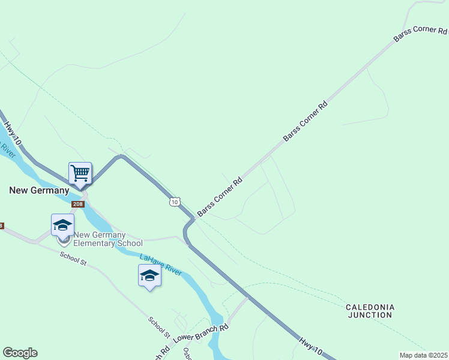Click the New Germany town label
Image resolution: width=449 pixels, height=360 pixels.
(x=39, y=190)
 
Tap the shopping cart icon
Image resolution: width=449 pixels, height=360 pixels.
(x=80, y=173)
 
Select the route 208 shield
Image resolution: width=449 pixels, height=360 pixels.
(x=78, y=205)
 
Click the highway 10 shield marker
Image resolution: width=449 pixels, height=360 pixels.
(x=174, y=202)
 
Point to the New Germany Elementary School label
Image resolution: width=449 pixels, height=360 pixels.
(x=108, y=239)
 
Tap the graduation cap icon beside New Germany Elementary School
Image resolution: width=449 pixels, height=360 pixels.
(x=62, y=225)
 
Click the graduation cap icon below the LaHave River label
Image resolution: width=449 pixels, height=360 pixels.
(x=149, y=276)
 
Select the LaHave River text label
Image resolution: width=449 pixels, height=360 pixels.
(x=160, y=265)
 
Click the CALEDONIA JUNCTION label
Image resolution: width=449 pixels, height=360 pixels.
(x=370, y=310)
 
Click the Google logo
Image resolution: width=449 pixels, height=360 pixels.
(x=20, y=353)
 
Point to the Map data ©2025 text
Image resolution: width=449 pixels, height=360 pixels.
(x=423, y=355)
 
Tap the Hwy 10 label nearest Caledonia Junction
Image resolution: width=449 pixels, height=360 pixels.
(x=310, y=347)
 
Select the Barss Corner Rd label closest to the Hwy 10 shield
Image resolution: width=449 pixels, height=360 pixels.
(x=220, y=197)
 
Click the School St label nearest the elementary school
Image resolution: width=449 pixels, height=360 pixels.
(x=73, y=259)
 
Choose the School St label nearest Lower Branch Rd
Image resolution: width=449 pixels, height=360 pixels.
(x=160, y=326)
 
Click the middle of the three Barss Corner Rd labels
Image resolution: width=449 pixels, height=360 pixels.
(x=306, y=121)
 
